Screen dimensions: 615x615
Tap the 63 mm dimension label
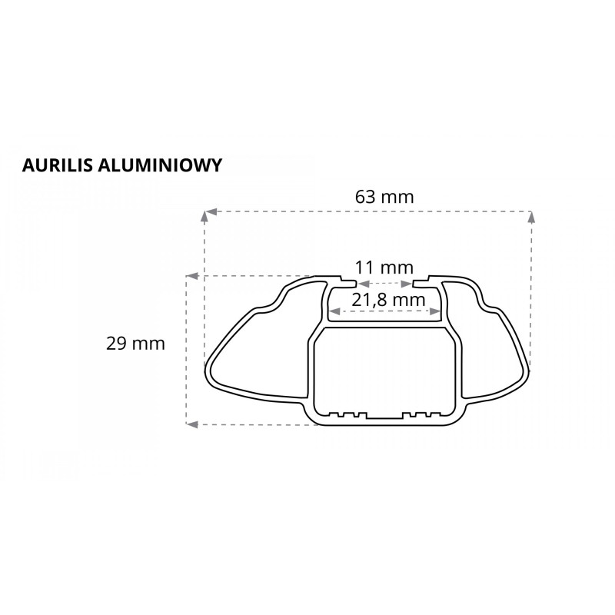tap(384, 197)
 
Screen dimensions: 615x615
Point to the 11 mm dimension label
tap(384, 268)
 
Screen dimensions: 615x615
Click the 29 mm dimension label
tap(136, 344)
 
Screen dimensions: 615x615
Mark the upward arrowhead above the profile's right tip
tap(530, 218)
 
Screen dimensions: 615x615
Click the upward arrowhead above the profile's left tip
tap(204, 218)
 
